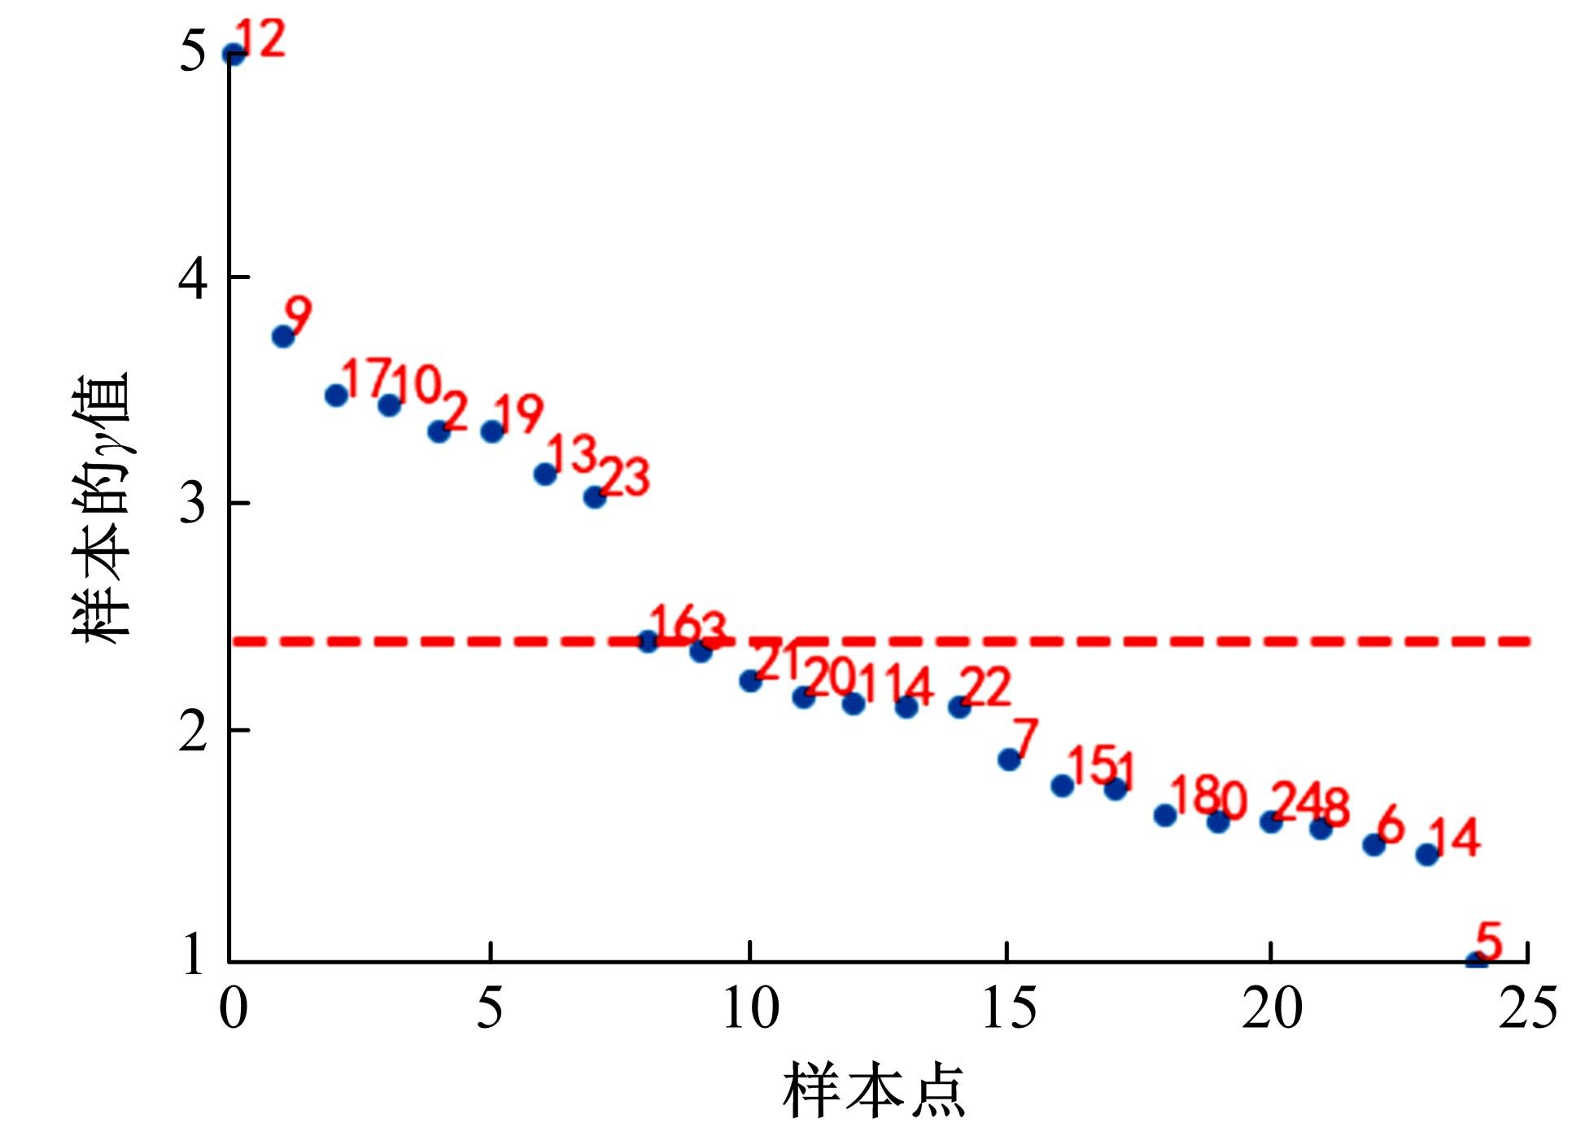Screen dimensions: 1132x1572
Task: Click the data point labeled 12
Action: (x=234, y=55)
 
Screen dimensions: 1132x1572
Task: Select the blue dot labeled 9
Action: (x=282, y=336)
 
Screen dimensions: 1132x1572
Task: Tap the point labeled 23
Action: (x=595, y=496)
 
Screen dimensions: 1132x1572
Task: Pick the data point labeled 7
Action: (x=1009, y=759)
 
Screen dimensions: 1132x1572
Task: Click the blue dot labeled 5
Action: (x=1477, y=961)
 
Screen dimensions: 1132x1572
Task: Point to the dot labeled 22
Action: (x=959, y=706)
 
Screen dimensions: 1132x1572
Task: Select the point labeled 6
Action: (x=1374, y=844)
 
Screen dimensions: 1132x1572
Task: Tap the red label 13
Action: (x=572, y=452)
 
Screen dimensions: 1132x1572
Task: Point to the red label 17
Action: (x=367, y=378)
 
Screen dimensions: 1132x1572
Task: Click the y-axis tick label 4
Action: (x=192, y=278)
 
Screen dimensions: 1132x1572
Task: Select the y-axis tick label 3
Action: (x=192, y=504)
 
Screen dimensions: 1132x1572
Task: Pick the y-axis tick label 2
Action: (x=192, y=731)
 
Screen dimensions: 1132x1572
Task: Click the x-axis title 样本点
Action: (x=874, y=1090)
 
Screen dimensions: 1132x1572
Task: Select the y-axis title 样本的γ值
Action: (x=102, y=509)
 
